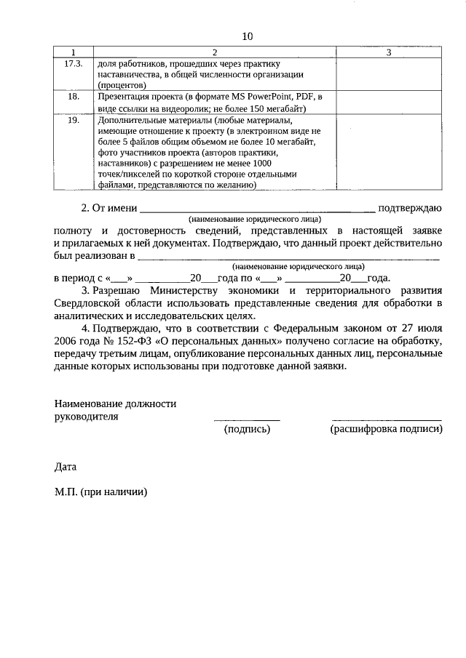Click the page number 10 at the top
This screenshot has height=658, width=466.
[x=247, y=36]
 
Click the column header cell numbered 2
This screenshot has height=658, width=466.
[x=214, y=52]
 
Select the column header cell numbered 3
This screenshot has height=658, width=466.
[x=388, y=52]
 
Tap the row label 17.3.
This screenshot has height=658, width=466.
[x=74, y=63]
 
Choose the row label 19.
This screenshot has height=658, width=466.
[x=74, y=119]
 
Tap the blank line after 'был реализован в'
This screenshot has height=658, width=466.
[x=288, y=257]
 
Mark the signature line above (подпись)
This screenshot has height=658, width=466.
[x=246, y=419]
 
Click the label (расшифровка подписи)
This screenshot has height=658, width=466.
[x=386, y=430]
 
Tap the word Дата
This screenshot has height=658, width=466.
[x=65, y=467]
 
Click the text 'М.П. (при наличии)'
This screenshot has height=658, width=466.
[x=100, y=492]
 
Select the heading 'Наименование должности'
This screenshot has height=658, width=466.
[x=115, y=404]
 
